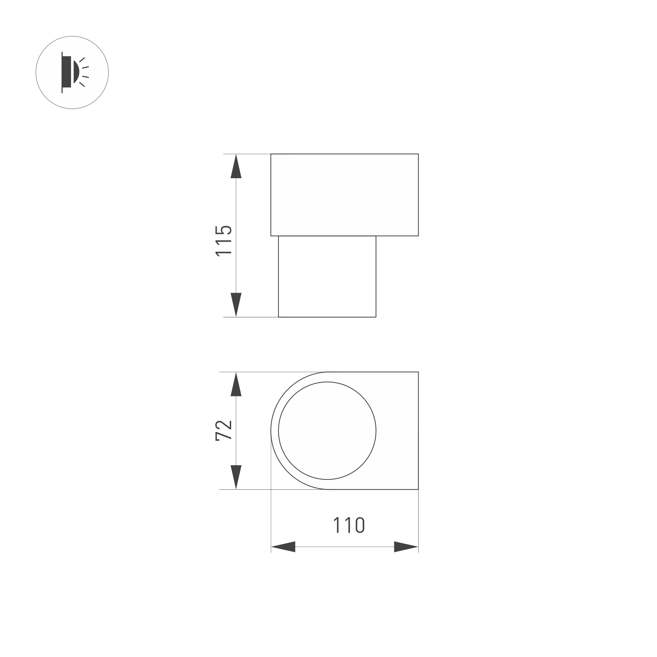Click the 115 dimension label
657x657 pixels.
pos(224,241)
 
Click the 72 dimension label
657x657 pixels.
pos(224,431)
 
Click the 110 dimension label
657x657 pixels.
pos(349,525)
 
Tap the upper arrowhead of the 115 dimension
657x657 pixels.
pos(236,167)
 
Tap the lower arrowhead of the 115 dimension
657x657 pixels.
pos(236,304)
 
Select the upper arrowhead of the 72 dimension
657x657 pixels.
pos(236,385)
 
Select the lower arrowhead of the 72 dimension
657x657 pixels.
pos(236,476)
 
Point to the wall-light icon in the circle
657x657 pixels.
pos(72,72)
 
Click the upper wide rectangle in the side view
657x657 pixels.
pos(344,195)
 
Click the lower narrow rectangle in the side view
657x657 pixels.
pos(327,277)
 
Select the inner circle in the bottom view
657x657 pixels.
pos(327,431)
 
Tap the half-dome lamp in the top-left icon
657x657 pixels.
pos(76,72)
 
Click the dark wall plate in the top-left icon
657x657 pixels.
pos(67,72)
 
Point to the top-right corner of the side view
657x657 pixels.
pos(418,154)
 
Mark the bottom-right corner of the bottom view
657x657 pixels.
pos(418,489)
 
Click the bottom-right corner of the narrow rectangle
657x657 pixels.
pos(376,317)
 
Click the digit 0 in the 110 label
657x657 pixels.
pos(360,525)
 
